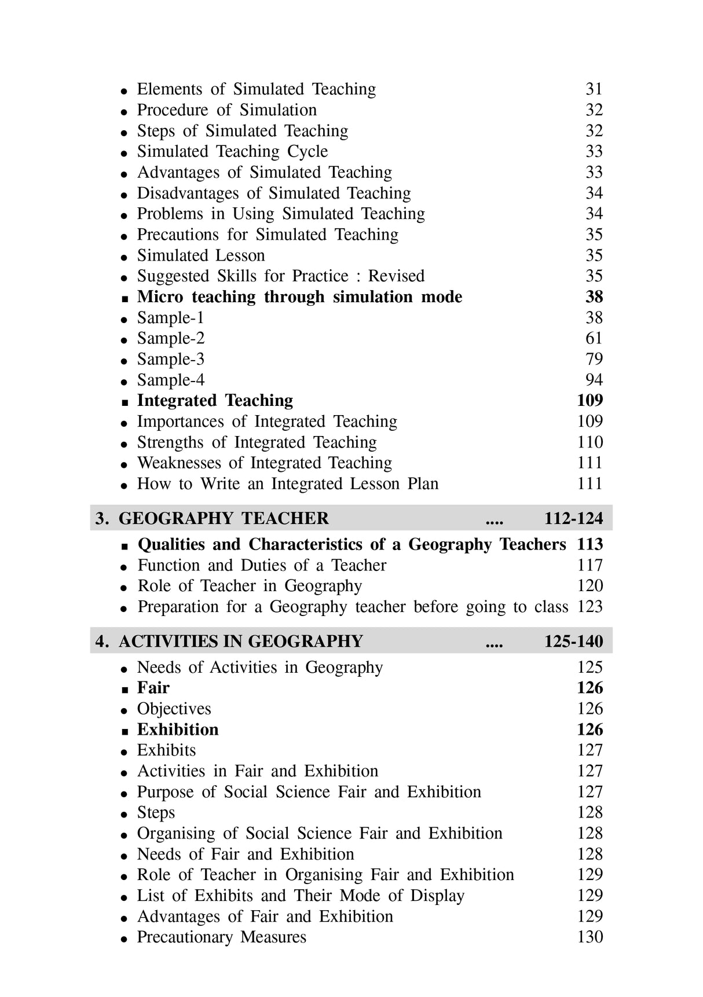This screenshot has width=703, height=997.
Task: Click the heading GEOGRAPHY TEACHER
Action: point(224,518)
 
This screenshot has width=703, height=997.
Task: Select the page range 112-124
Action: point(573,518)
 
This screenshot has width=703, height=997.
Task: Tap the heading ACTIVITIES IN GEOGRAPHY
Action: point(240,642)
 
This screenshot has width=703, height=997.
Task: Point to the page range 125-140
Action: point(573,642)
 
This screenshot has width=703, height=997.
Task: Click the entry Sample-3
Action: point(170,360)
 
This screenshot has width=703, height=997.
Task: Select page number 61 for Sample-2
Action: point(594,339)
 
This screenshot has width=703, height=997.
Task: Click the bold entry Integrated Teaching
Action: point(215,401)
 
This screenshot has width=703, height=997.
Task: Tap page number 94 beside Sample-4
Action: point(594,380)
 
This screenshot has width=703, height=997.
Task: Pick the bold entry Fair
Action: point(153,688)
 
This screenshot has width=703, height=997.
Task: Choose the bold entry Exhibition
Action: point(178,730)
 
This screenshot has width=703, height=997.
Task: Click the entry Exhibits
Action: point(166,750)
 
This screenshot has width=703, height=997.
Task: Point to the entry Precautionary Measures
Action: point(221,937)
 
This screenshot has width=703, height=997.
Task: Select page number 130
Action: point(590,937)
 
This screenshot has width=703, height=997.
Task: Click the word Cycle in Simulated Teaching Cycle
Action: point(307,152)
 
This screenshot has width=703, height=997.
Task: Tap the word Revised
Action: point(396,276)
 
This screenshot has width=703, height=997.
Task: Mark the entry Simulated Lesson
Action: point(200,255)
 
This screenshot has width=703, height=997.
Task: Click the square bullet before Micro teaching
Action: point(125,299)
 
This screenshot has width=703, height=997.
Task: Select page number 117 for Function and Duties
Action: point(590,565)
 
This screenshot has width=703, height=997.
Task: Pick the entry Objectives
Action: point(174,709)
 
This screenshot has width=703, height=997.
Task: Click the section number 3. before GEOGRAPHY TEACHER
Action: point(102,518)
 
